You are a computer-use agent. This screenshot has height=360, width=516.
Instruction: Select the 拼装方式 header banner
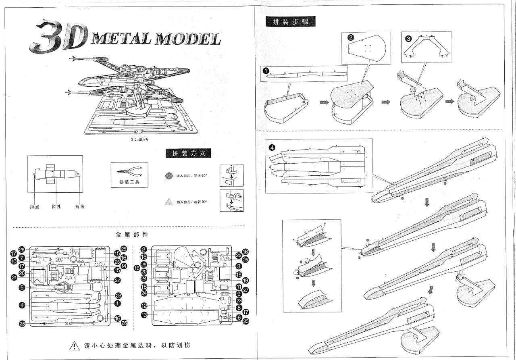pyautogui.click(x=188, y=153)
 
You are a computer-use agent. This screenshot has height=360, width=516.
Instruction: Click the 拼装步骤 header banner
pyautogui.click(x=291, y=22)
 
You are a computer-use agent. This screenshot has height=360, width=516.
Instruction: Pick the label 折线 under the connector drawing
pyautogui.click(x=80, y=207)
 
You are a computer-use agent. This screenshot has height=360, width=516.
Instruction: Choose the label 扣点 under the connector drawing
pyautogui.click(x=34, y=207)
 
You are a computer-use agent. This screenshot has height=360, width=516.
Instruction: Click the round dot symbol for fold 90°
pyautogui.click(x=169, y=176)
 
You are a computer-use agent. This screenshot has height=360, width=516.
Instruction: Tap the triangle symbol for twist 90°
pyautogui.click(x=169, y=201)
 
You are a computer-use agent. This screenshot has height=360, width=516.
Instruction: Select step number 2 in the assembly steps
pyautogui.click(x=351, y=38)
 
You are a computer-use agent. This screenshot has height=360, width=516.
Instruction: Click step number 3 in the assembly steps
pyautogui.click(x=408, y=39)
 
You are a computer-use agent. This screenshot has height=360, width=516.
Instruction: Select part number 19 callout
pyautogui.click(x=245, y=280)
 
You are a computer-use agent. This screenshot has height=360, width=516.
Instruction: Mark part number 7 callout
pyautogui.click(x=22, y=257)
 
